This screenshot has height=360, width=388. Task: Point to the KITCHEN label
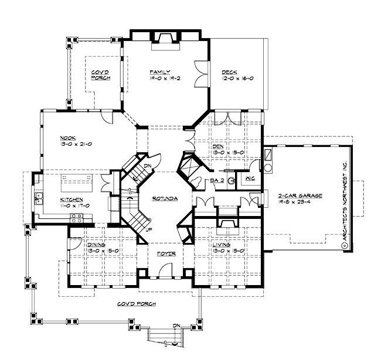point(70,199)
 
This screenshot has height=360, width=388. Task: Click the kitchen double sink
point(38,198)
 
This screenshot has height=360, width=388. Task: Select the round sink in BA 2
point(231,181)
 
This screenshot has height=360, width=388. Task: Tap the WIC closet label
point(250,177)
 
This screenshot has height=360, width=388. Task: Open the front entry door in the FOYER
point(166,270)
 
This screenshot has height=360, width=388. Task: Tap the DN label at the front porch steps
point(176,325)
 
